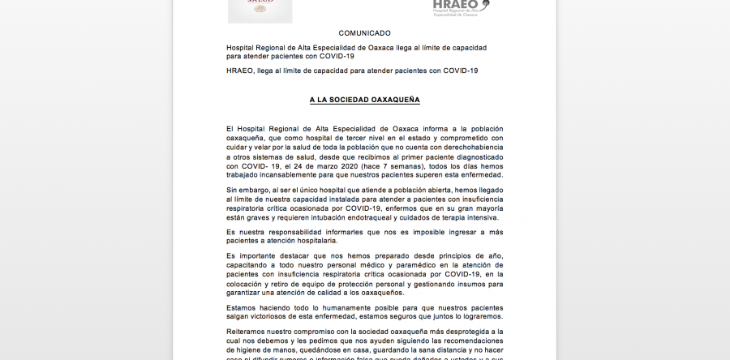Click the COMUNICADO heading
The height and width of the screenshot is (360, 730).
pyautogui.click(x=364, y=33)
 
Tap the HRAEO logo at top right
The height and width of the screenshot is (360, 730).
pyautogui.click(x=461, y=7)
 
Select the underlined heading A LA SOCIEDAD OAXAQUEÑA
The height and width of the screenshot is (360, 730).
pyautogui.click(x=364, y=100)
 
